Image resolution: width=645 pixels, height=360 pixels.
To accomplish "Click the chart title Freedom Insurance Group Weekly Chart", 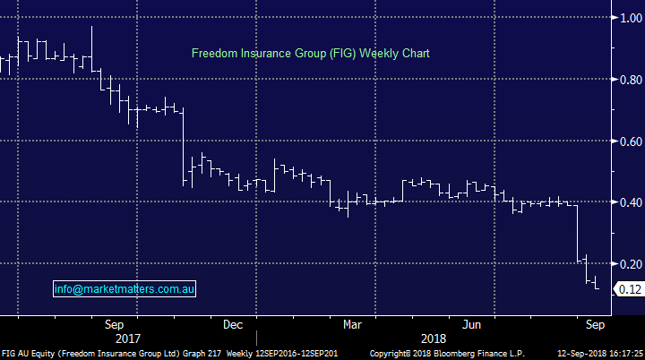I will [311, 53].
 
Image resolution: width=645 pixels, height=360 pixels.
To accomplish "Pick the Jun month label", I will [472, 324].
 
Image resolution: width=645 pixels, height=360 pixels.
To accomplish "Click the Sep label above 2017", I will [114, 324].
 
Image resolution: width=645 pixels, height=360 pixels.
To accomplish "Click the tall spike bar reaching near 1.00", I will [92, 49].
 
